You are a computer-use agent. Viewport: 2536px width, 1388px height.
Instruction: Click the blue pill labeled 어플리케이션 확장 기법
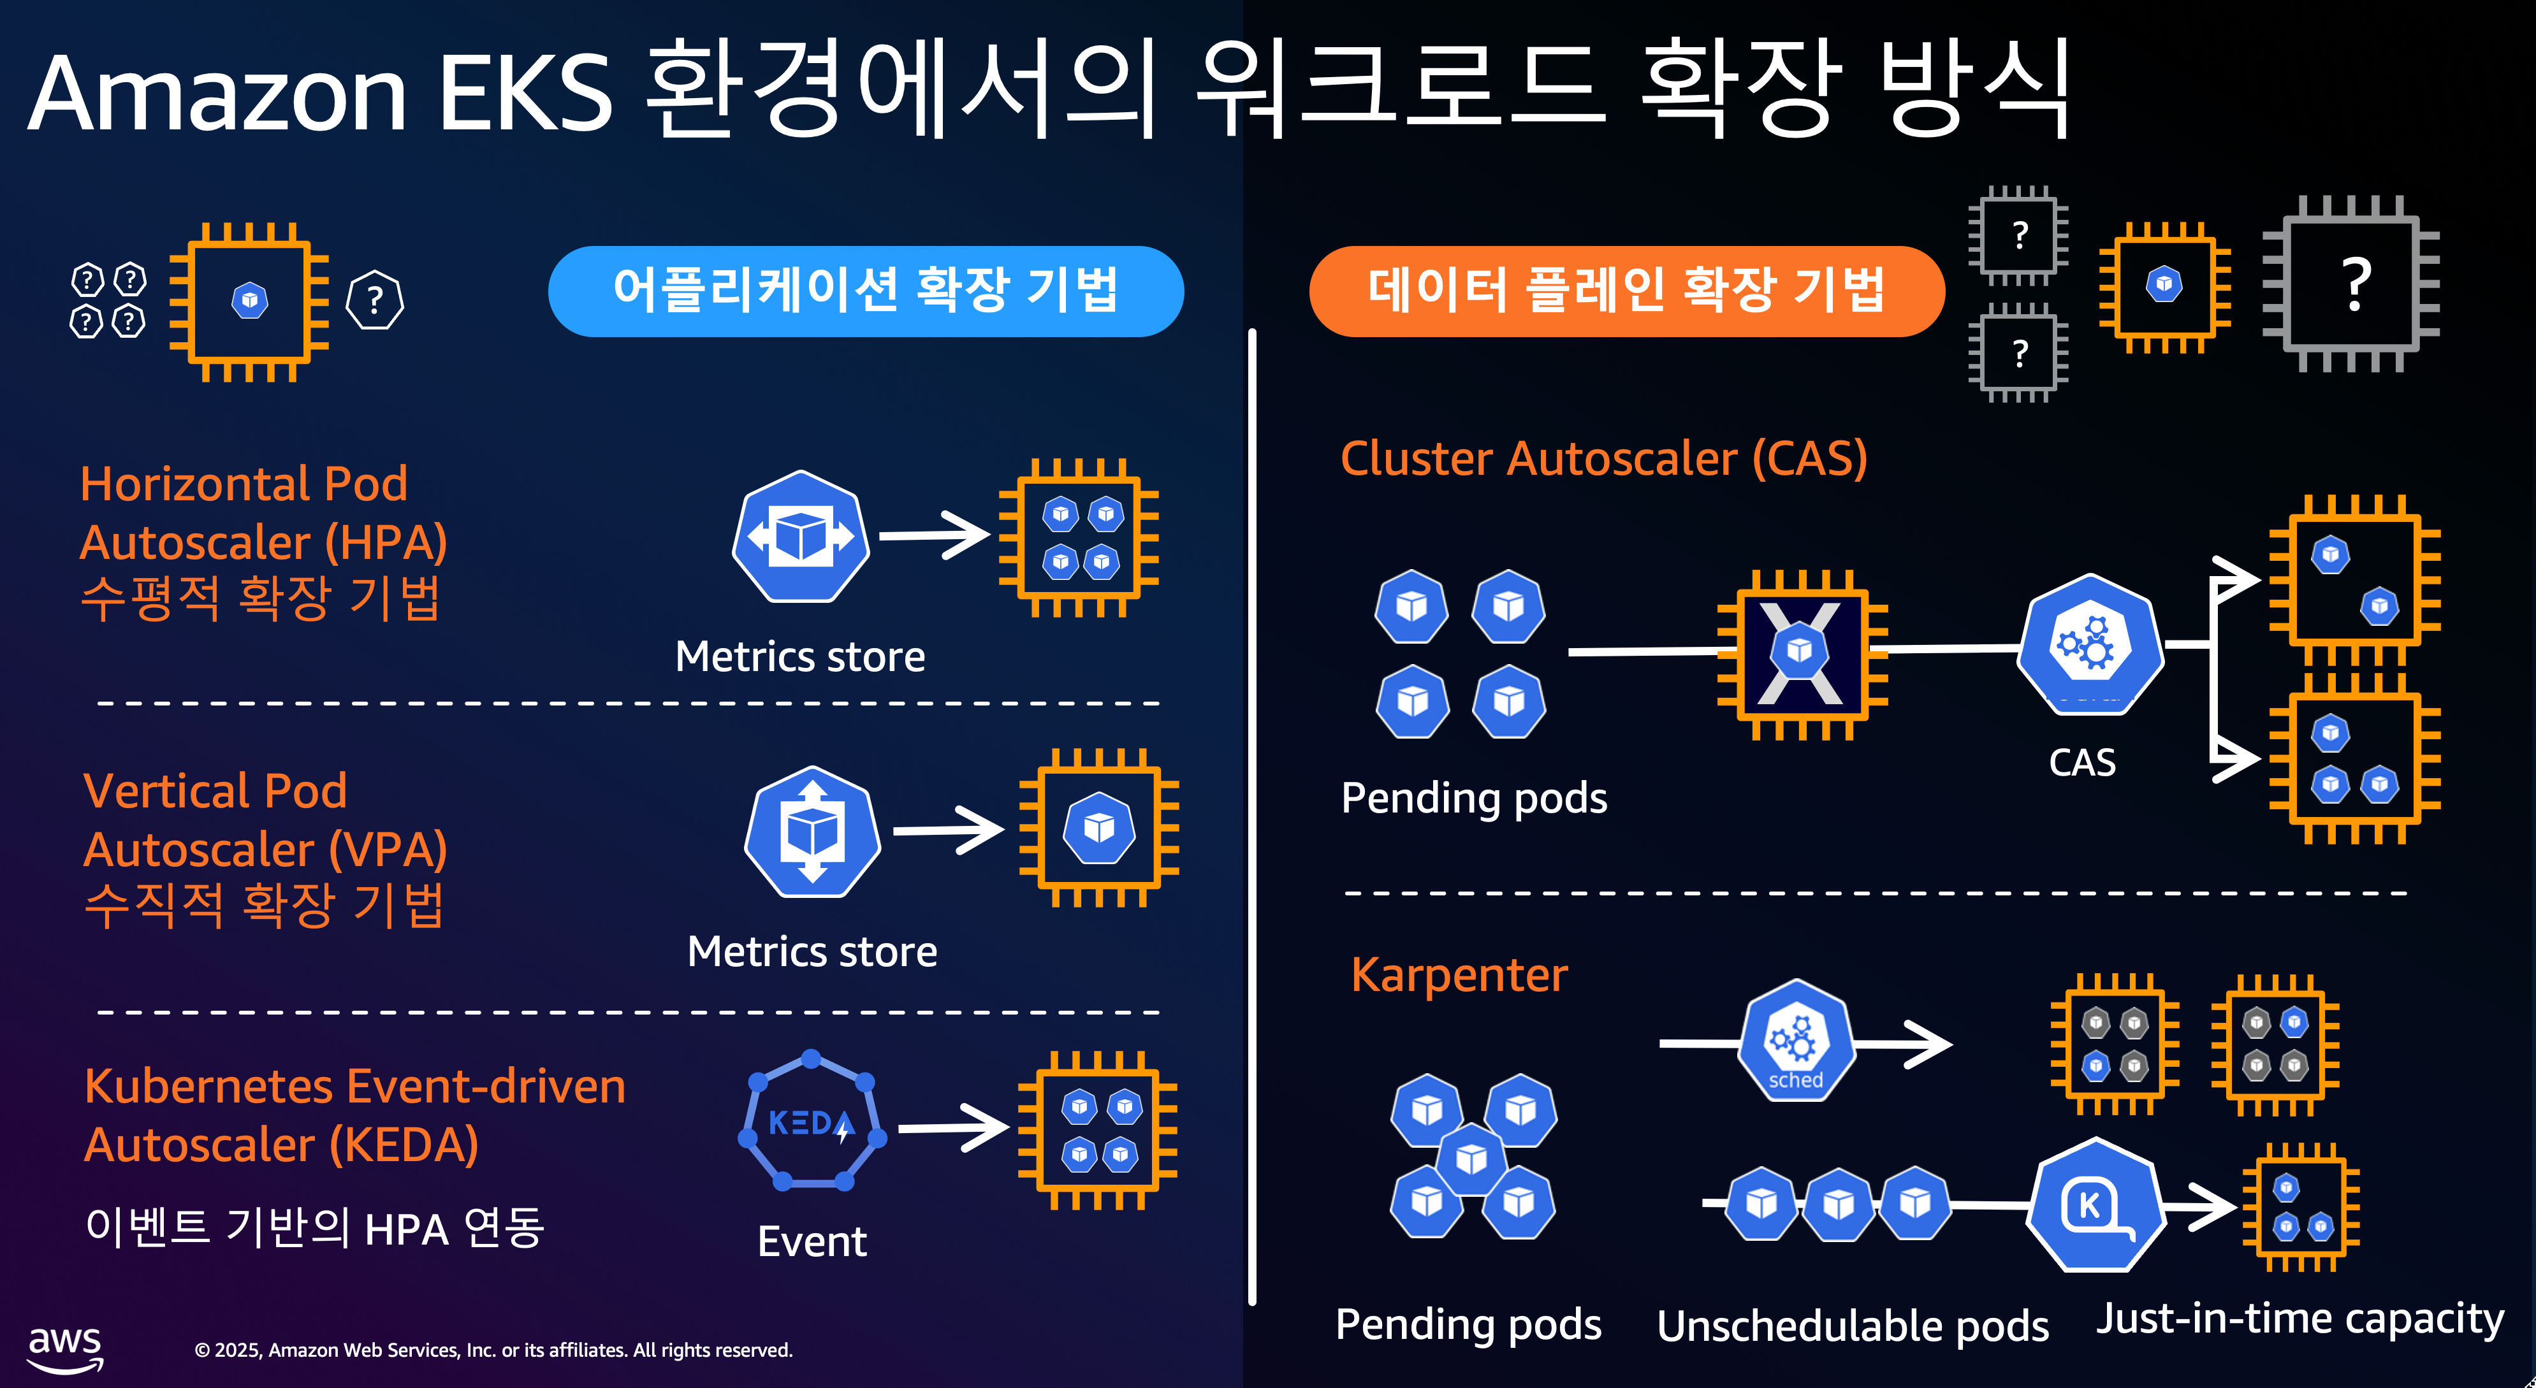[x=865, y=291]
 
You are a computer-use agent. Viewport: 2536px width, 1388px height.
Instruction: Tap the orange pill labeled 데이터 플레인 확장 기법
[x=1626, y=291]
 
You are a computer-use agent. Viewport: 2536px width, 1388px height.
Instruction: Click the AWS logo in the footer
[x=65, y=1347]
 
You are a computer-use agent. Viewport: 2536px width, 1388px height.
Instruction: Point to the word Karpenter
[x=1459, y=976]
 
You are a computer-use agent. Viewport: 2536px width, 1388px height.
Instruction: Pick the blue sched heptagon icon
[x=1796, y=1041]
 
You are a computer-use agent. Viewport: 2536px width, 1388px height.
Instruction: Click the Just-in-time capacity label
[x=2299, y=1318]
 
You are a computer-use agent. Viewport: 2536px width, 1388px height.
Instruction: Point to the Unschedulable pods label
[x=1853, y=1326]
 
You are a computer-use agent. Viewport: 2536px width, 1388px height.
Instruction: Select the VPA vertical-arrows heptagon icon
[x=812, y=832]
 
